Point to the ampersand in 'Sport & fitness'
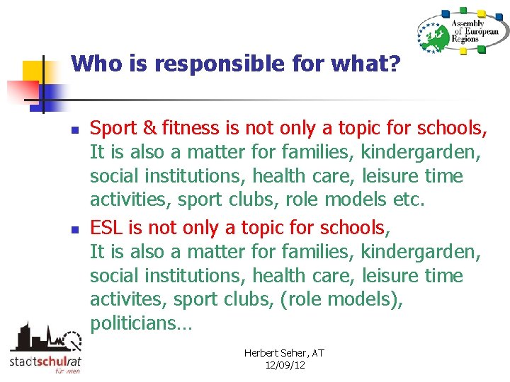tap(148, 129)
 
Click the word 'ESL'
tap(106, 228)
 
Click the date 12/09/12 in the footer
tap(284, 365)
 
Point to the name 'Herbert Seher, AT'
tap(284, 353)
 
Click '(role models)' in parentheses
tap(341, 299)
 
